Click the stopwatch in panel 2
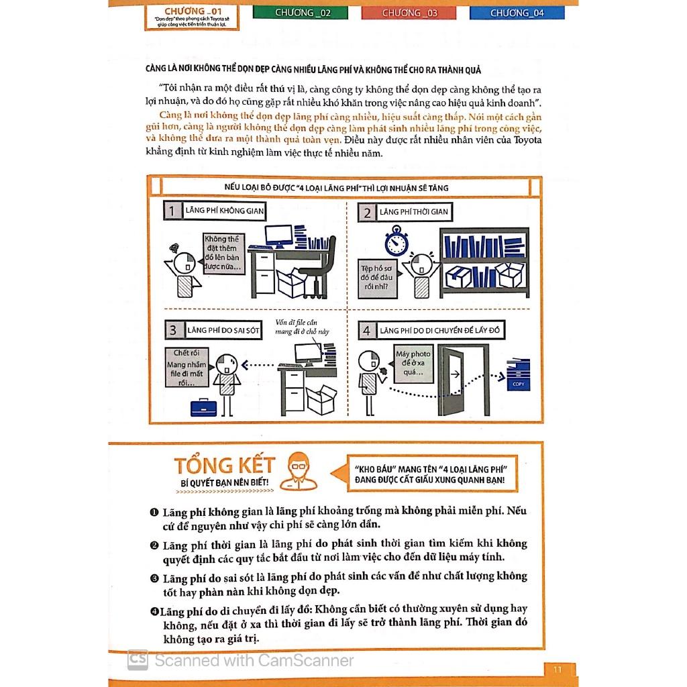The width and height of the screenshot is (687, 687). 397,241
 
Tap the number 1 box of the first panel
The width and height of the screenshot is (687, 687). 172,212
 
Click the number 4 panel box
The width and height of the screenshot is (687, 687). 366,330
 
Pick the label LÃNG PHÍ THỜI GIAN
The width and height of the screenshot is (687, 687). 414,212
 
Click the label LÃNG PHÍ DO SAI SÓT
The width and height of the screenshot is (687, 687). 225,330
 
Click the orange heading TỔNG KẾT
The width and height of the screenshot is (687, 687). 225,465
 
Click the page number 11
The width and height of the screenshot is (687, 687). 557,668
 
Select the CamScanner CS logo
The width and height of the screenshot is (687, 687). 138,659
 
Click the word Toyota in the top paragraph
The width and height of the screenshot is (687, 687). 527,140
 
